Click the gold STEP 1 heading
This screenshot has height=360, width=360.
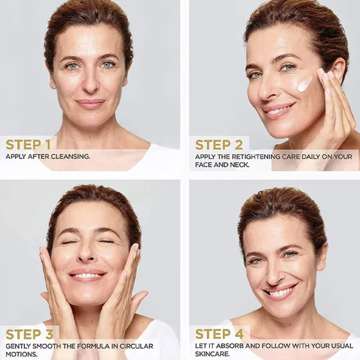(x=28, y=144)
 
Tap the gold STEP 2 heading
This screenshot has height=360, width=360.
(x=219, y=145)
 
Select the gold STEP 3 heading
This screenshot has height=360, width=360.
(x=30, y=334)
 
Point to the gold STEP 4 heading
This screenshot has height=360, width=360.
(x=219, y=334)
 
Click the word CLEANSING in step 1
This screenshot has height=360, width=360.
(x=70, y=157)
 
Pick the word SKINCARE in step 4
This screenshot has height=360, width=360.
(x=212, y=354)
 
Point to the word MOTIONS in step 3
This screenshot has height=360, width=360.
(x=22, y=354)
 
